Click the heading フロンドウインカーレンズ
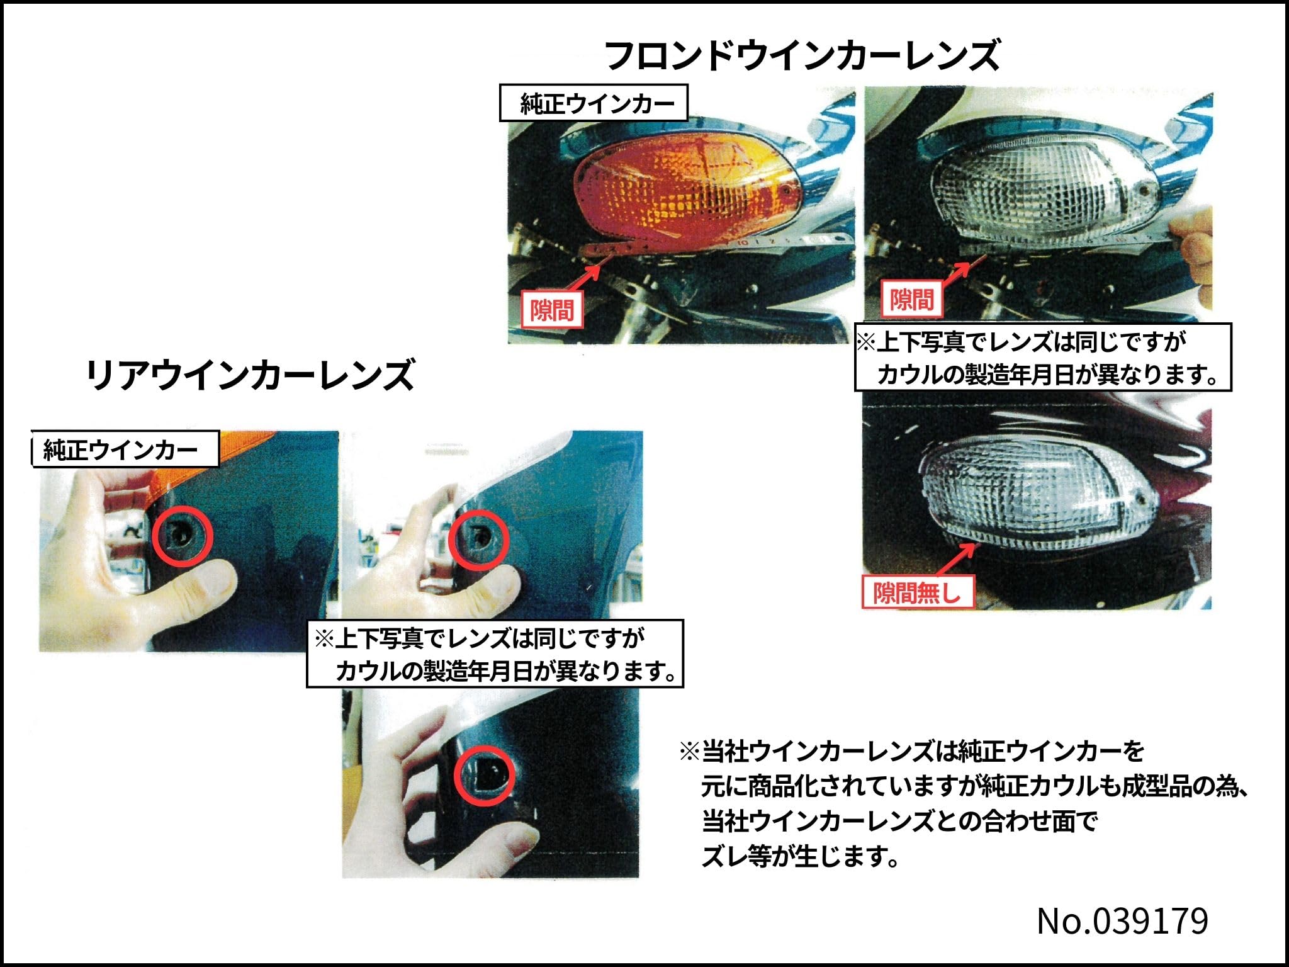point(802,55)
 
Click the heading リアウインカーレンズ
point(250,375)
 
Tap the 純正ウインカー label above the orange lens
point(594,103)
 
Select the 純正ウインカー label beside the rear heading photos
point(125,450)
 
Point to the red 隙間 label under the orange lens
point(552,309)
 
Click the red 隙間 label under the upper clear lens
point(912,300)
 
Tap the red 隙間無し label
point(917,592)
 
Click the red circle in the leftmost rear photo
point(183,536)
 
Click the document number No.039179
point(1122,921)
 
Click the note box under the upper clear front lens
point(1042,358)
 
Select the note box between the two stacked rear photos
point(495,653)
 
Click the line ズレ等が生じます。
point(800,856)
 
